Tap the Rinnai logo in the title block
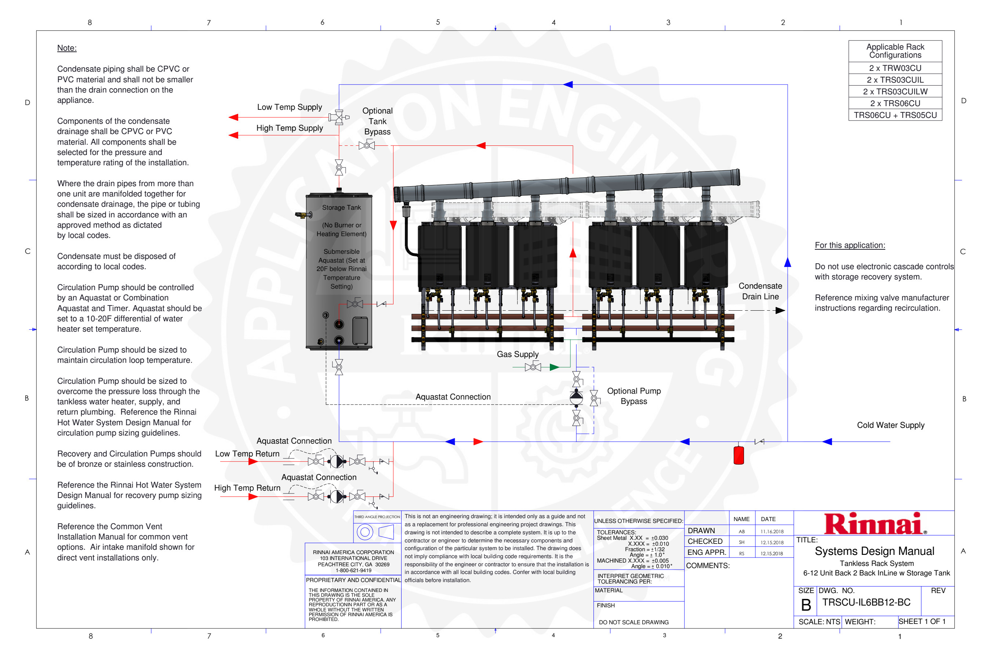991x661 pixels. click(875, 524)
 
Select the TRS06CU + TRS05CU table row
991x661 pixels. click(895, 115)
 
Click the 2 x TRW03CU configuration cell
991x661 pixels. click(895, 68)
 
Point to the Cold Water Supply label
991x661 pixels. click(890, 425)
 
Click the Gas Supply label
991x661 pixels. click(518, 354)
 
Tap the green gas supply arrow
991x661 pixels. click(554, 367)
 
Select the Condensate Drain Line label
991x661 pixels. click(760, 291)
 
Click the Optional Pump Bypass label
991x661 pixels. click(634, 396)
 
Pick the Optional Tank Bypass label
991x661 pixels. click(377, 121)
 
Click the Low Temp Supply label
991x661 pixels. click(290, 107)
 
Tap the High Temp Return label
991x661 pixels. click(247, 488)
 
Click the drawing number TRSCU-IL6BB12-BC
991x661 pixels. click(866, 602)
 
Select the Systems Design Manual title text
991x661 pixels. click(874, 551)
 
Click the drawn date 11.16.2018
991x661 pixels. click(772, 532)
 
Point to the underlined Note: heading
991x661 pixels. click(66, 48)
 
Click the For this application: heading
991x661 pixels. click(849, 245)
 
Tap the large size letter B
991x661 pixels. click(806, 605)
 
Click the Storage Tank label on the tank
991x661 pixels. click(341, 207)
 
